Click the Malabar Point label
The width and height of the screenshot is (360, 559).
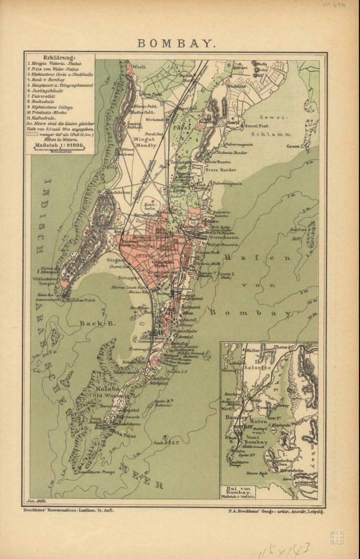[x=83, y=301]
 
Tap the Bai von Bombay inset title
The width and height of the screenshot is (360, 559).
[x=239, y=491]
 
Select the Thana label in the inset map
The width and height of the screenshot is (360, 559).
[x=279, y=347]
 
